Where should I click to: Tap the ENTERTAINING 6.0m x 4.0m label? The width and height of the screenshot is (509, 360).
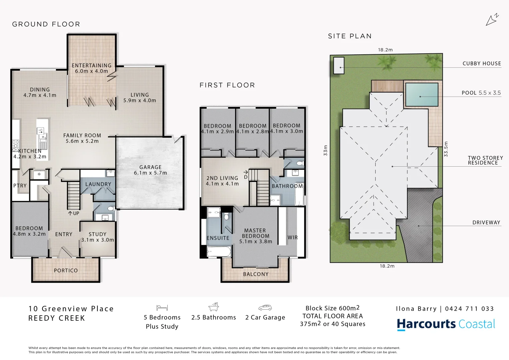click(x=92, y=68)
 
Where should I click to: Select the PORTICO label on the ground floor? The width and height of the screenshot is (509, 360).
click(x=66, y=271)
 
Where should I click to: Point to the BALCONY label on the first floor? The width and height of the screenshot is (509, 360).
click(x=256, y=274)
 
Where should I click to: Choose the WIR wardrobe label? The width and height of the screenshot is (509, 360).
click(x=292, y=238)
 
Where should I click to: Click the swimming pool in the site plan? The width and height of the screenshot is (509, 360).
click(x=421, y=94)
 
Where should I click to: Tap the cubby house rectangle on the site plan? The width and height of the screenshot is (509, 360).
click(x=339, y=65)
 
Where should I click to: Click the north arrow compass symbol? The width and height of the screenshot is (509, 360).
click(x=492, y=20)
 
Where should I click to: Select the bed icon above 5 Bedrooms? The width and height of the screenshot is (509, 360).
click(x=162, y=308)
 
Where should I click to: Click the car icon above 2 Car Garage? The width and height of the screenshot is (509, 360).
click(x=265, y=308)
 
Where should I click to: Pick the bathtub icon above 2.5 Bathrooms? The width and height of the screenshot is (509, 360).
click(x=213, y=307)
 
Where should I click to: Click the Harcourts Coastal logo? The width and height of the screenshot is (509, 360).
click(x=446, y=324)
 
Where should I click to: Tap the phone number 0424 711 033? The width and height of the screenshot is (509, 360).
click(x=469, y=309)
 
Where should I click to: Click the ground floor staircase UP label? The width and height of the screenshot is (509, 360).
click(x=74, y=213)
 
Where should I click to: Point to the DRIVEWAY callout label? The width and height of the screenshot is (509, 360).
click(x=486, y=223)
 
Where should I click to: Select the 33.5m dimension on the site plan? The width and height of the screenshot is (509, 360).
click(x=446, y=149)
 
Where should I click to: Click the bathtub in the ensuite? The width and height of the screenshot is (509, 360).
click(x=219, y=252)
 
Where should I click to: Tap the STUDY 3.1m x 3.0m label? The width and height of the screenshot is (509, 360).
click(x=97, y=237)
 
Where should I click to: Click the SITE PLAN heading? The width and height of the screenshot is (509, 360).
click(x=350, y=36)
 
